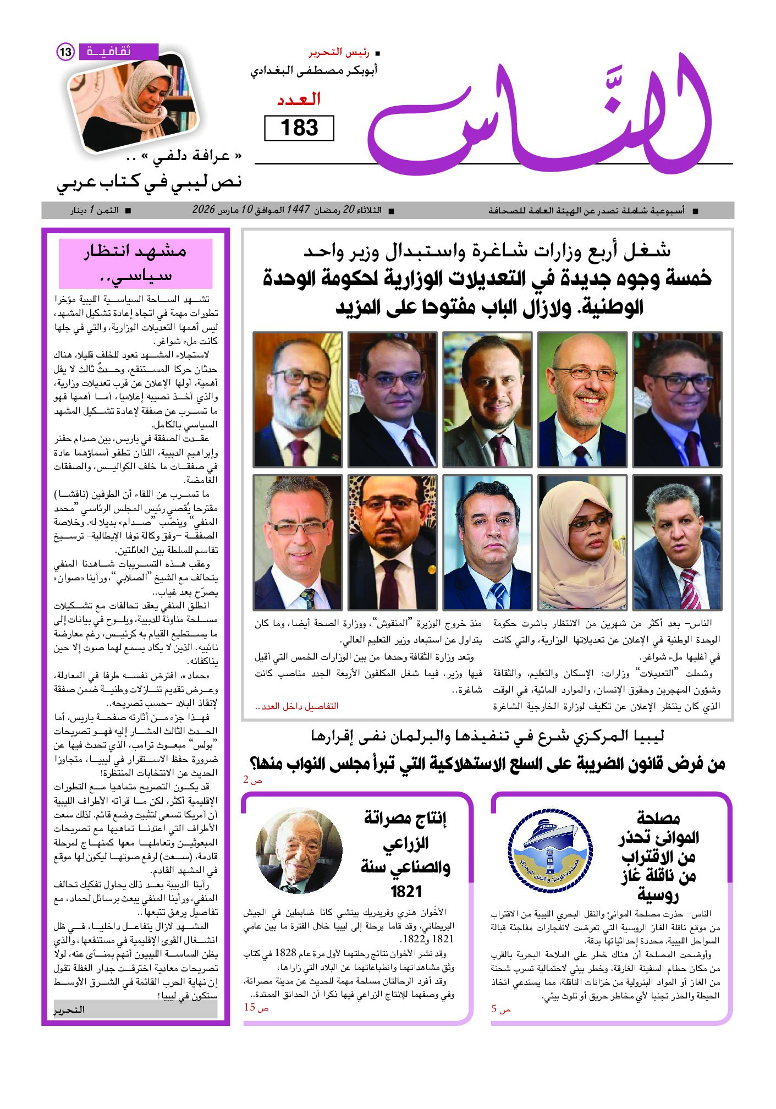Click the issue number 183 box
click(299, 128)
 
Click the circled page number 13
click(65, 52)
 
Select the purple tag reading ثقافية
click(118, 52)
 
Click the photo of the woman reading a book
click(133, 105)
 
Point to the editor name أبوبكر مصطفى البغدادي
click(314, 71)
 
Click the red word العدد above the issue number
click(299, 100)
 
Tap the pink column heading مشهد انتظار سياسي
click(135, 263)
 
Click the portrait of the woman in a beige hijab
click(582, 542)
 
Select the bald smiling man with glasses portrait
click(582, 399)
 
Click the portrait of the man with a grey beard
click(298, 399)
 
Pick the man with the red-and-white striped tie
click(677, 542)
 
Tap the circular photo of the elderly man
click(299, 850)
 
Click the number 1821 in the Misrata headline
click(406, 891)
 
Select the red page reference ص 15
click(256, 1007)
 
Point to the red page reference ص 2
click(253, 780)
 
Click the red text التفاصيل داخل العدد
click(297, 706)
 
